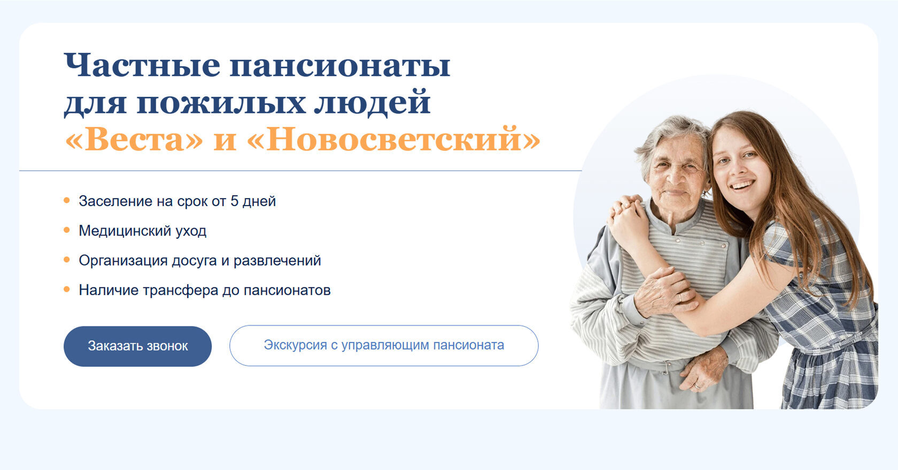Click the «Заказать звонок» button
(x=137, y=346)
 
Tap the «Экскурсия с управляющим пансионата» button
(x=384, y=345)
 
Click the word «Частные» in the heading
(x=142, y=65)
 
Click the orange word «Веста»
(x=134, y=139)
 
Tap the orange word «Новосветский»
(x=393, y=139)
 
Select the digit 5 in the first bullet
(x=234, y=201)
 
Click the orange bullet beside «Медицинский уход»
(x=66, y=230)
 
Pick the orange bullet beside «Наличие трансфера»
(x=66, y=290)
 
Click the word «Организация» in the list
(x=123, y=261)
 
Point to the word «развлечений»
(x=277, y=261)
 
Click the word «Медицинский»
(x=125, y=231)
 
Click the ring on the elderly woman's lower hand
(x=697, y=386)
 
